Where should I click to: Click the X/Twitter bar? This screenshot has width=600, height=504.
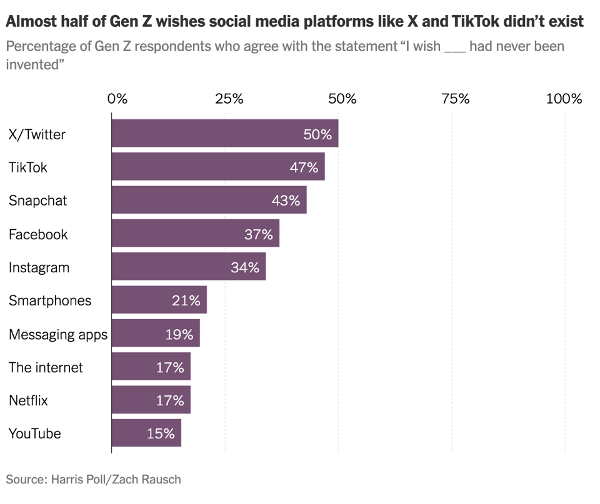coord(225,134)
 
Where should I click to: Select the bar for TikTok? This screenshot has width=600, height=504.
coord(218,167)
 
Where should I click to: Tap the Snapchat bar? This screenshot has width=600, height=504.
coord(209,200)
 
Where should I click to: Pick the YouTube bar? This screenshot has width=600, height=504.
coord(146,433)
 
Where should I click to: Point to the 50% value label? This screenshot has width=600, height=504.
coord(317,134)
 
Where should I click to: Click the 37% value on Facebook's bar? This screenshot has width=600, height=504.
coord(259,234)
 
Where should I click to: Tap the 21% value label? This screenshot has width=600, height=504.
coord(186,300)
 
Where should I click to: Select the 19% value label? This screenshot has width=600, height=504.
coord(179,334)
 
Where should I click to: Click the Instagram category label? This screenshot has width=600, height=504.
coord(39,267)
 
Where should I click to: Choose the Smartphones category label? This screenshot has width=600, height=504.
coord(50,300)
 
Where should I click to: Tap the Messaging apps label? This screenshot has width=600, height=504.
coord(58,334)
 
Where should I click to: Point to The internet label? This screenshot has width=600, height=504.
coord(46,367)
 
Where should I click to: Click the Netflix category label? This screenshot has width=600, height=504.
coord(28,400)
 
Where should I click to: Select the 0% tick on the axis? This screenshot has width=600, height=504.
coord(117,99)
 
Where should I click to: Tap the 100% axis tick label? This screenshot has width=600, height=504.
coord(564,99)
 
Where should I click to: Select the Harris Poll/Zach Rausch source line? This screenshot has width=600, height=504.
coord(93,480)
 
